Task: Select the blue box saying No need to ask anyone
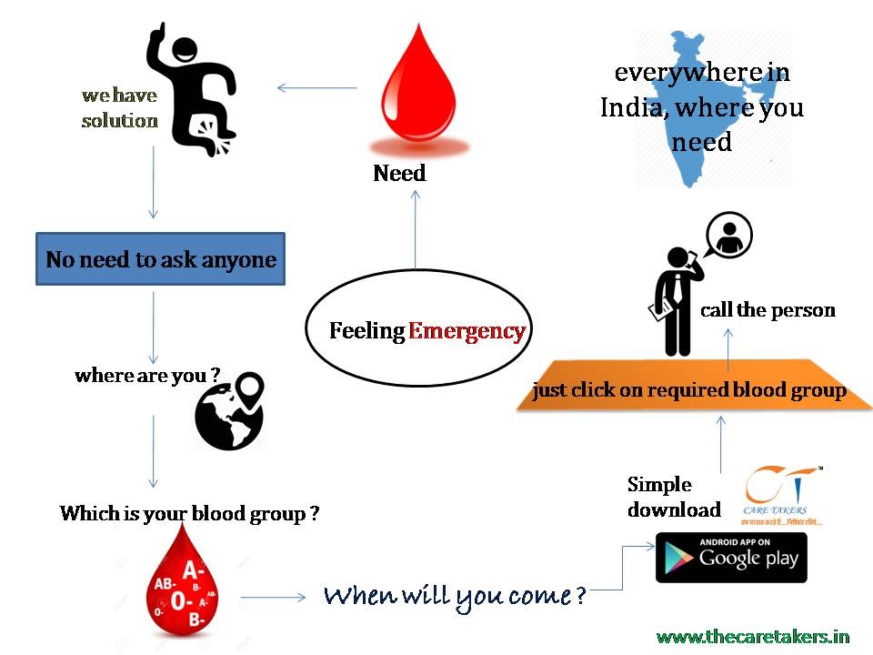click(161, 259)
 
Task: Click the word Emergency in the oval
click(467, 331)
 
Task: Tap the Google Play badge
click(731, 557)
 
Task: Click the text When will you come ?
click(455, 597)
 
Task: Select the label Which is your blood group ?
click(189, 514)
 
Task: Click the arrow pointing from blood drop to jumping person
click(316, 88)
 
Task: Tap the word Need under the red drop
click(399, 173)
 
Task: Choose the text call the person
click(768, 310)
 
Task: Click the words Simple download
click(673, 497)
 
